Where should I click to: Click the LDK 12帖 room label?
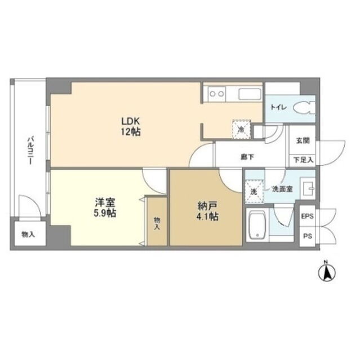131,126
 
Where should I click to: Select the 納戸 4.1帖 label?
207,212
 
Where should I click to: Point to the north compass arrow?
327,272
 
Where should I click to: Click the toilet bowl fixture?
304,108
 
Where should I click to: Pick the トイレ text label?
278,108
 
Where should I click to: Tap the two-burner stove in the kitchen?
217,94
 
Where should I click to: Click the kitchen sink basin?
250,94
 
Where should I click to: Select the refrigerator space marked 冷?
241,129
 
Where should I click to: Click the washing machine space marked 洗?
254,192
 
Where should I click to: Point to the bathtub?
257,225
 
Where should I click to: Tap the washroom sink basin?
308,188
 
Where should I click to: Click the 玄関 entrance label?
303,140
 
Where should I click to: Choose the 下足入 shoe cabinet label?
304,160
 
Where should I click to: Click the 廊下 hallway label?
247,157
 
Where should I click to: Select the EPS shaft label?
308,217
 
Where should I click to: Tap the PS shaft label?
308,236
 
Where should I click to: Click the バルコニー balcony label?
30,151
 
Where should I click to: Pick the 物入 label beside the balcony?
28,235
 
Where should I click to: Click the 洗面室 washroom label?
282,190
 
